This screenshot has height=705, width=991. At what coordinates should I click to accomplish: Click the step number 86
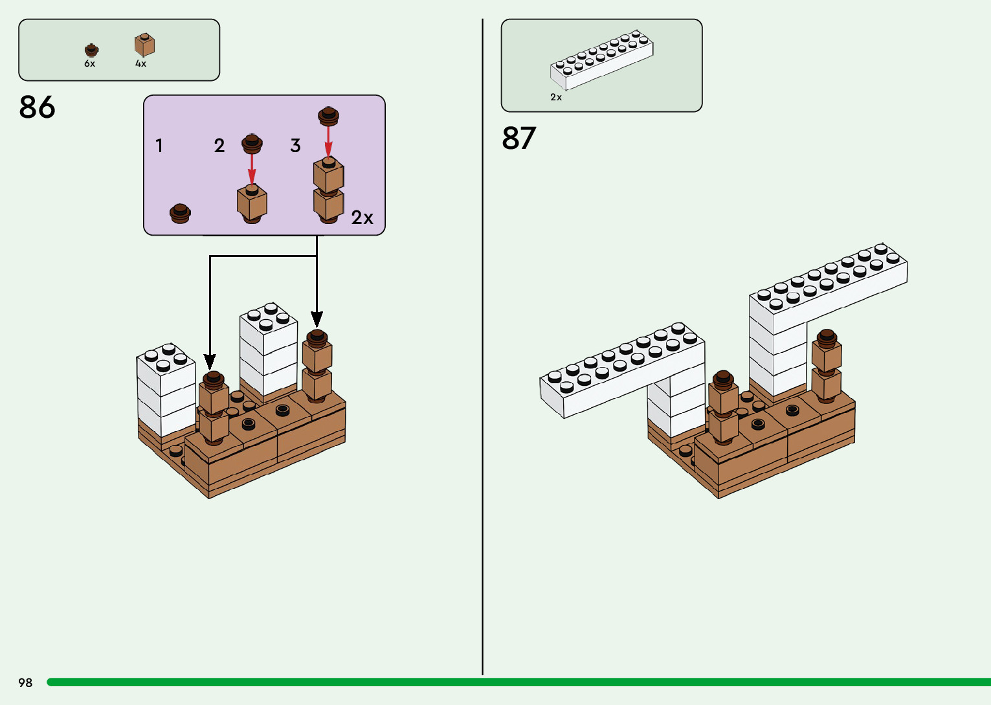tap(38, 107)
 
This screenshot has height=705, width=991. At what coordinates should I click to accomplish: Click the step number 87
tap(519, 138)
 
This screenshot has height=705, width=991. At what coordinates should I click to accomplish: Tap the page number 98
tap(25, 682)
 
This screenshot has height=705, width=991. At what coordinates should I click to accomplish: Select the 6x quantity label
tap(89, 64)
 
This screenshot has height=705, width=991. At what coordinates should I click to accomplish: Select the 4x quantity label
tap(140, 64)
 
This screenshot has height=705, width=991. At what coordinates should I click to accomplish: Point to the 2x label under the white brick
tap(556, 98)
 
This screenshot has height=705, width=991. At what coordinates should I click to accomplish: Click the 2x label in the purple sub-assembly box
tap(362, 218)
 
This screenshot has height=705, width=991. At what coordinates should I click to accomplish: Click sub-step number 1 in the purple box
tap(159, 146)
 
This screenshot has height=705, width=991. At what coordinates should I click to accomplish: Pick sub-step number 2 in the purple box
tap(219, 146)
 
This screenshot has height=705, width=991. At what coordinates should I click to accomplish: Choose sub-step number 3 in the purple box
tap(295, 146)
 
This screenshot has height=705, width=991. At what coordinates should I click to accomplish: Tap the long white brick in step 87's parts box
tap(602, 60)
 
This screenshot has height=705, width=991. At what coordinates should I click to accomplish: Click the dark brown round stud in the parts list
tap(91, 50)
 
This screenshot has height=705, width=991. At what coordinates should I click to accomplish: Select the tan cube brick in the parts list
tap(144, 45)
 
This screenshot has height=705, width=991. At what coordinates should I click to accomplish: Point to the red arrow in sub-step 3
tap(328, 141)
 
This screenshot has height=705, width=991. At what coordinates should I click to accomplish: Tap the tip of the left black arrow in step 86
tap(210, 367)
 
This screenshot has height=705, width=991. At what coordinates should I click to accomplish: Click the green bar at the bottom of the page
tap(518, 682)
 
